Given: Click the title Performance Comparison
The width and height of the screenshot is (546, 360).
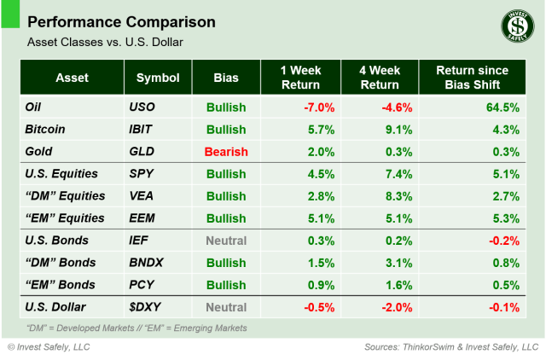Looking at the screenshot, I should click(122, 21).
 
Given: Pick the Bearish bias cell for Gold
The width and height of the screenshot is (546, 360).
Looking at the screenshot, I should click(226, 152).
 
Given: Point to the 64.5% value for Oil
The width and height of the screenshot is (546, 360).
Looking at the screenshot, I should click(502, 107).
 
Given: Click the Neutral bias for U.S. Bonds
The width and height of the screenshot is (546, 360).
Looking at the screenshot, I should click(226, 241).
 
